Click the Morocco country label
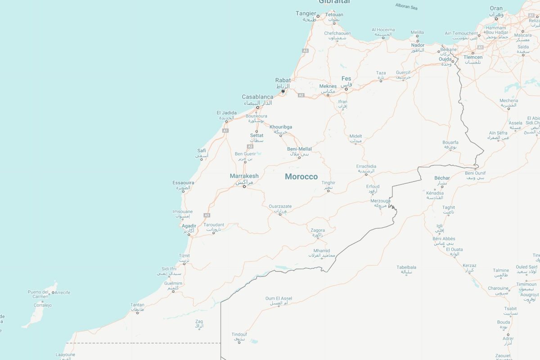tap(301, 177)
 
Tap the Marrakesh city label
tap(244, 176)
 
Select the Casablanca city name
tap(257, 97)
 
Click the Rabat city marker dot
tap(283, 91)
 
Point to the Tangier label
tap(306, 13)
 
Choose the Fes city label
tap(346, 79)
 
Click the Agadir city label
tap(189, 226)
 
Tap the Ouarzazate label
tap(280, 207)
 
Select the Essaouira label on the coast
tap(183, 183)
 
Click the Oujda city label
tap(445, 59)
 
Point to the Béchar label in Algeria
tap(442, 178)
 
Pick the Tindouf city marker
tap(239, 342)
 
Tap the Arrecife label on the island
tap(62, 292)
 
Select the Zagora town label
tap(318, 230)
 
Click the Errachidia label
tap(366, 166)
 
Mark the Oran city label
tap(496, 9)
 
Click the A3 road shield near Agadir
tap(207, 215)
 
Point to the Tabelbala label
tap(406, 267)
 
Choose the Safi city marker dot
tap(201, 158)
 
